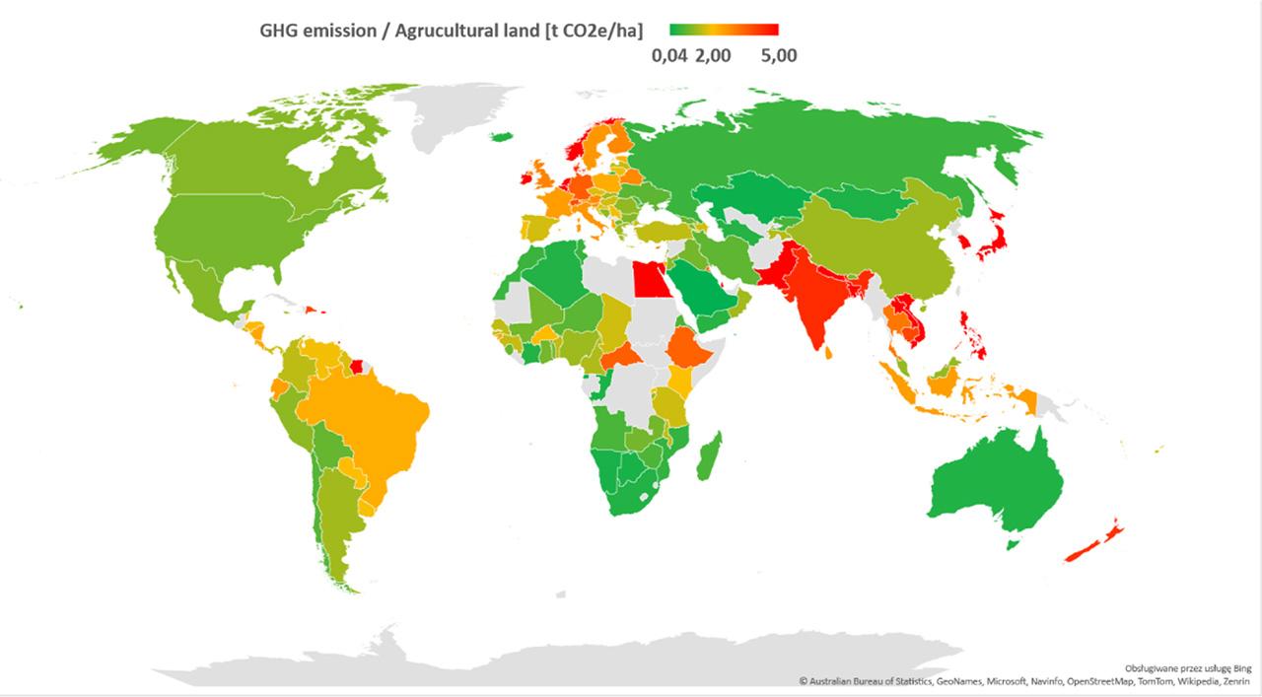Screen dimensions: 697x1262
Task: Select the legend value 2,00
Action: pyautogui.click(x=713, y=56)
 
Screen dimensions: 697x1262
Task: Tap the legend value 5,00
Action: pyautogui.click(x=778, y=56)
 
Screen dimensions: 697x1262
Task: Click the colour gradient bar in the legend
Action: pyautogui.click(x=724, y=31)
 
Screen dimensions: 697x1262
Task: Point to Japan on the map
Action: pyautogui.click(x=996, y=237)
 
